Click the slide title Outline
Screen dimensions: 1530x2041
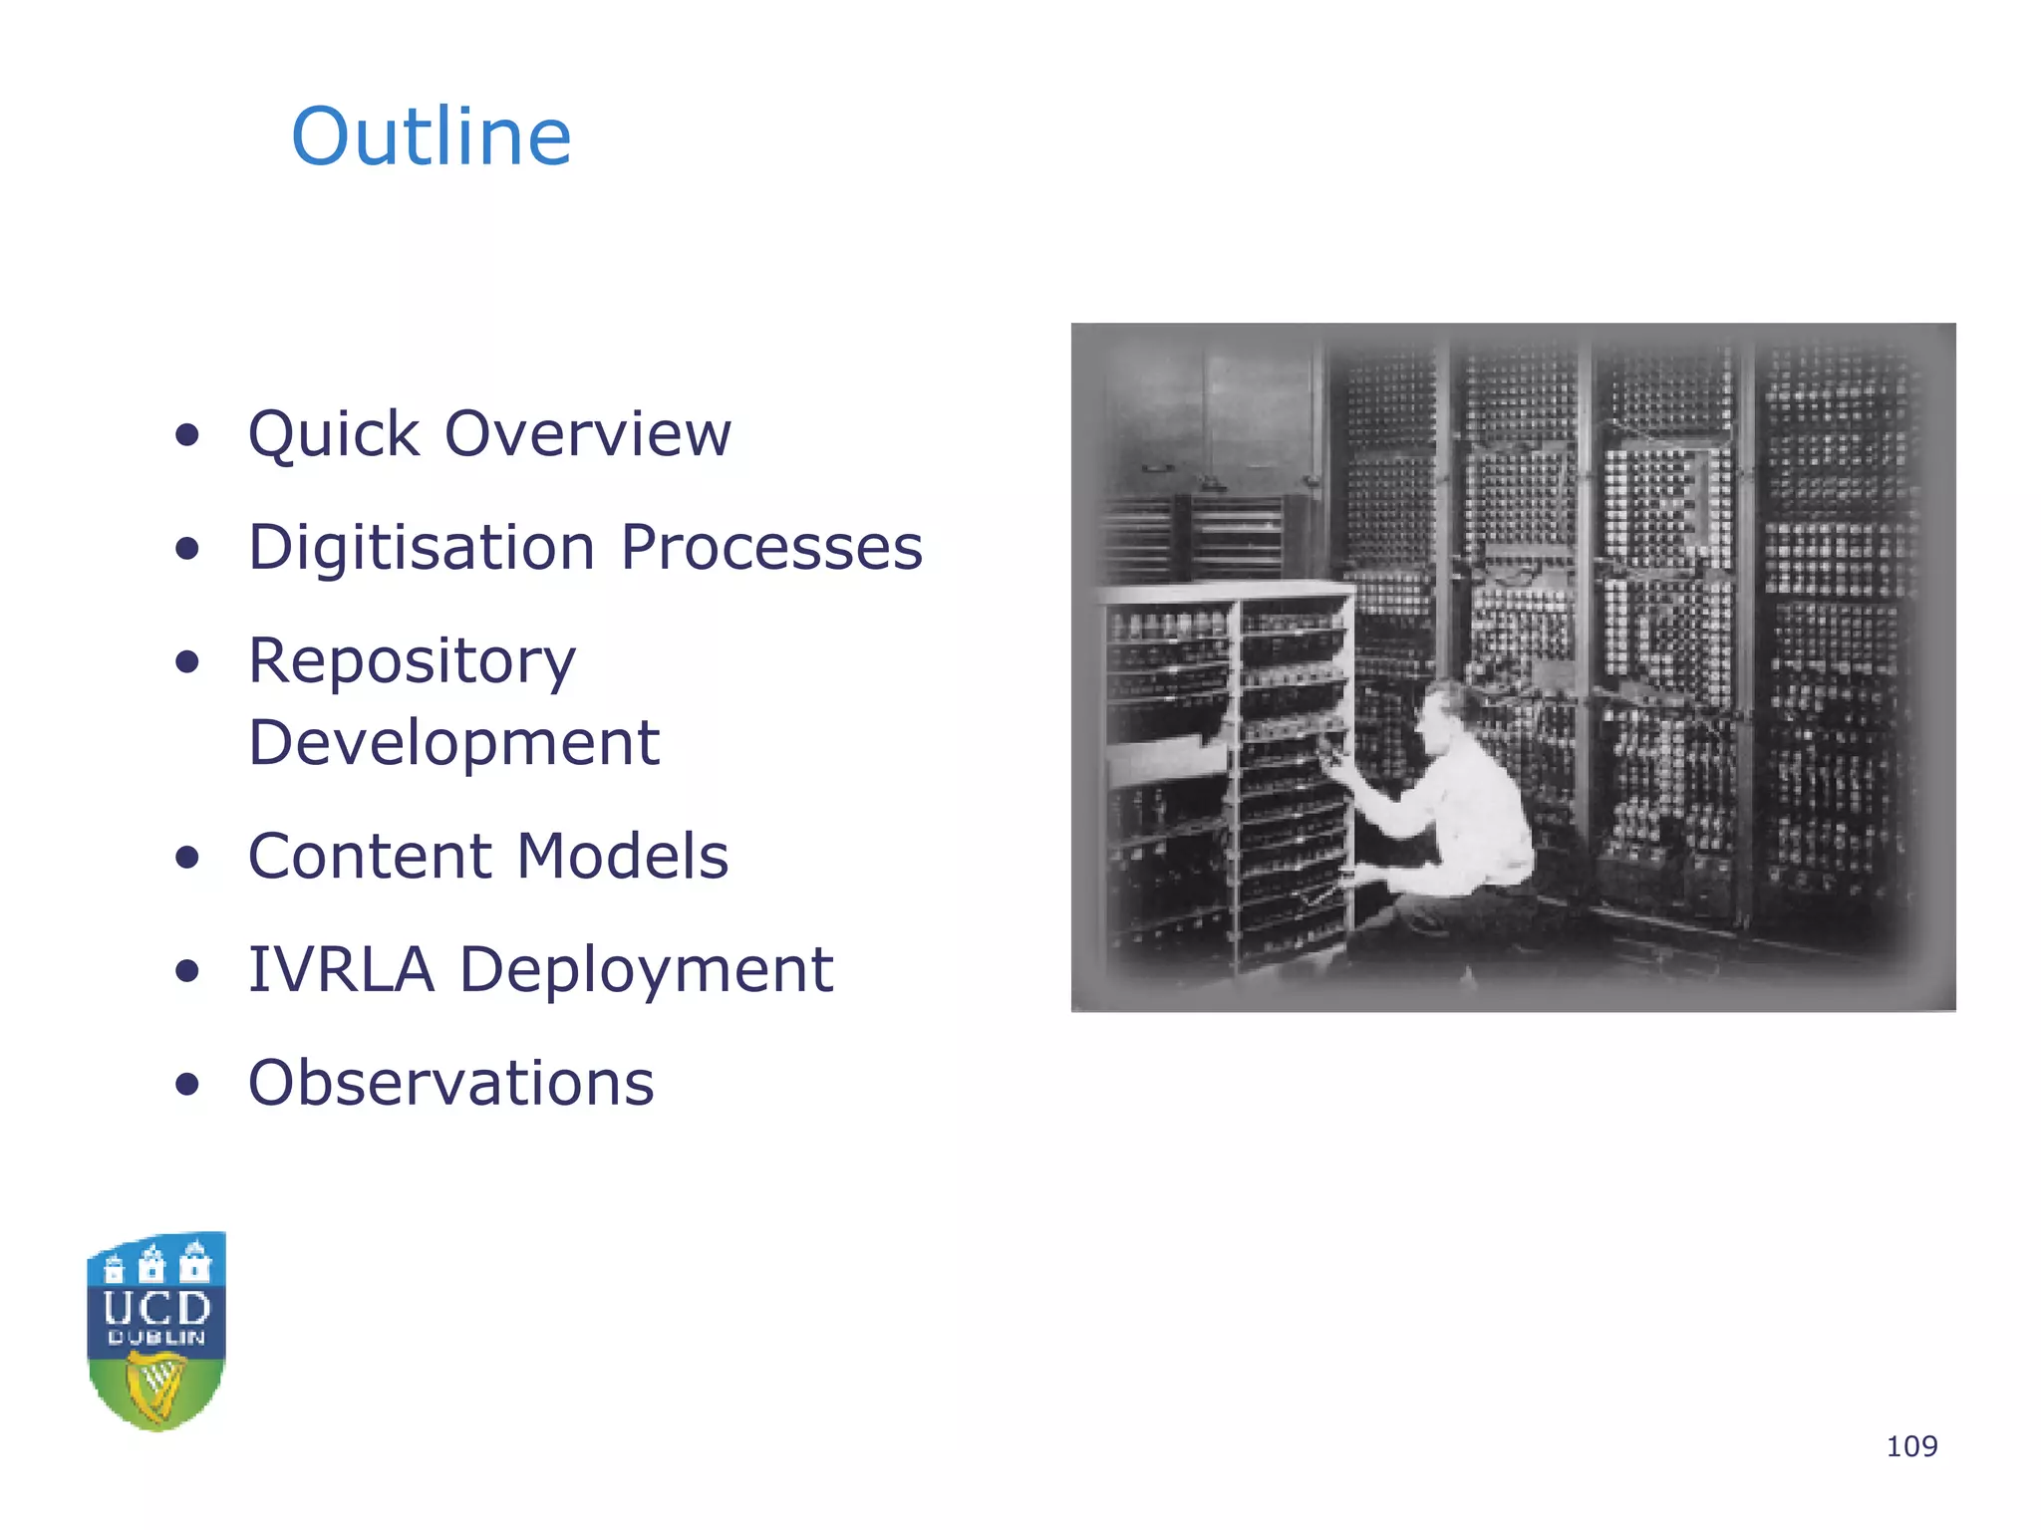click(431, 136)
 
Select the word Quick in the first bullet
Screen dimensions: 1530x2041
click(334, 434)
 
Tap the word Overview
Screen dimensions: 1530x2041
click(588, 434)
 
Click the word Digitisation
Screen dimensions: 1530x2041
click(422, 548)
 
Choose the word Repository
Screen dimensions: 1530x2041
click(412, 662)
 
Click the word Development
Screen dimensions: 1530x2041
click(453, 743)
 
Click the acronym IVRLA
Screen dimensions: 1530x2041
click(341, 969)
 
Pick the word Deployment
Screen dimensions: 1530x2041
click(646, 971)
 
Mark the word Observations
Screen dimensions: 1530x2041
click(450, 1083)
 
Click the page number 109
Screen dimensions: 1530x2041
click(1911, 1446)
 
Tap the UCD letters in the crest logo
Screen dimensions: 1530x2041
click(156, 1308)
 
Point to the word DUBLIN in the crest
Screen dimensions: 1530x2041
click(156, 1338)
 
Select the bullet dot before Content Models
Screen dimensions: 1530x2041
click(186, 858)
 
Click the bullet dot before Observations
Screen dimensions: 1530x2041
click(186, 1084)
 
